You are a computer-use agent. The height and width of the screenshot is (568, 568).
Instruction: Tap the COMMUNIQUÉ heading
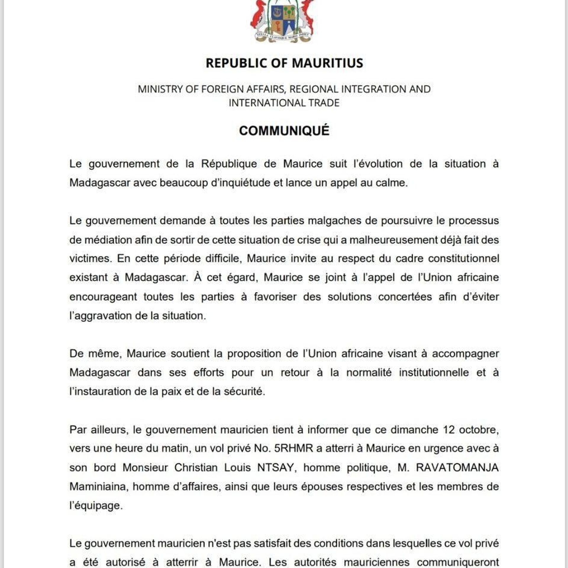point(284,131)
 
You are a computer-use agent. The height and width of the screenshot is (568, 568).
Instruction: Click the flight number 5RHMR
point(293,448)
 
